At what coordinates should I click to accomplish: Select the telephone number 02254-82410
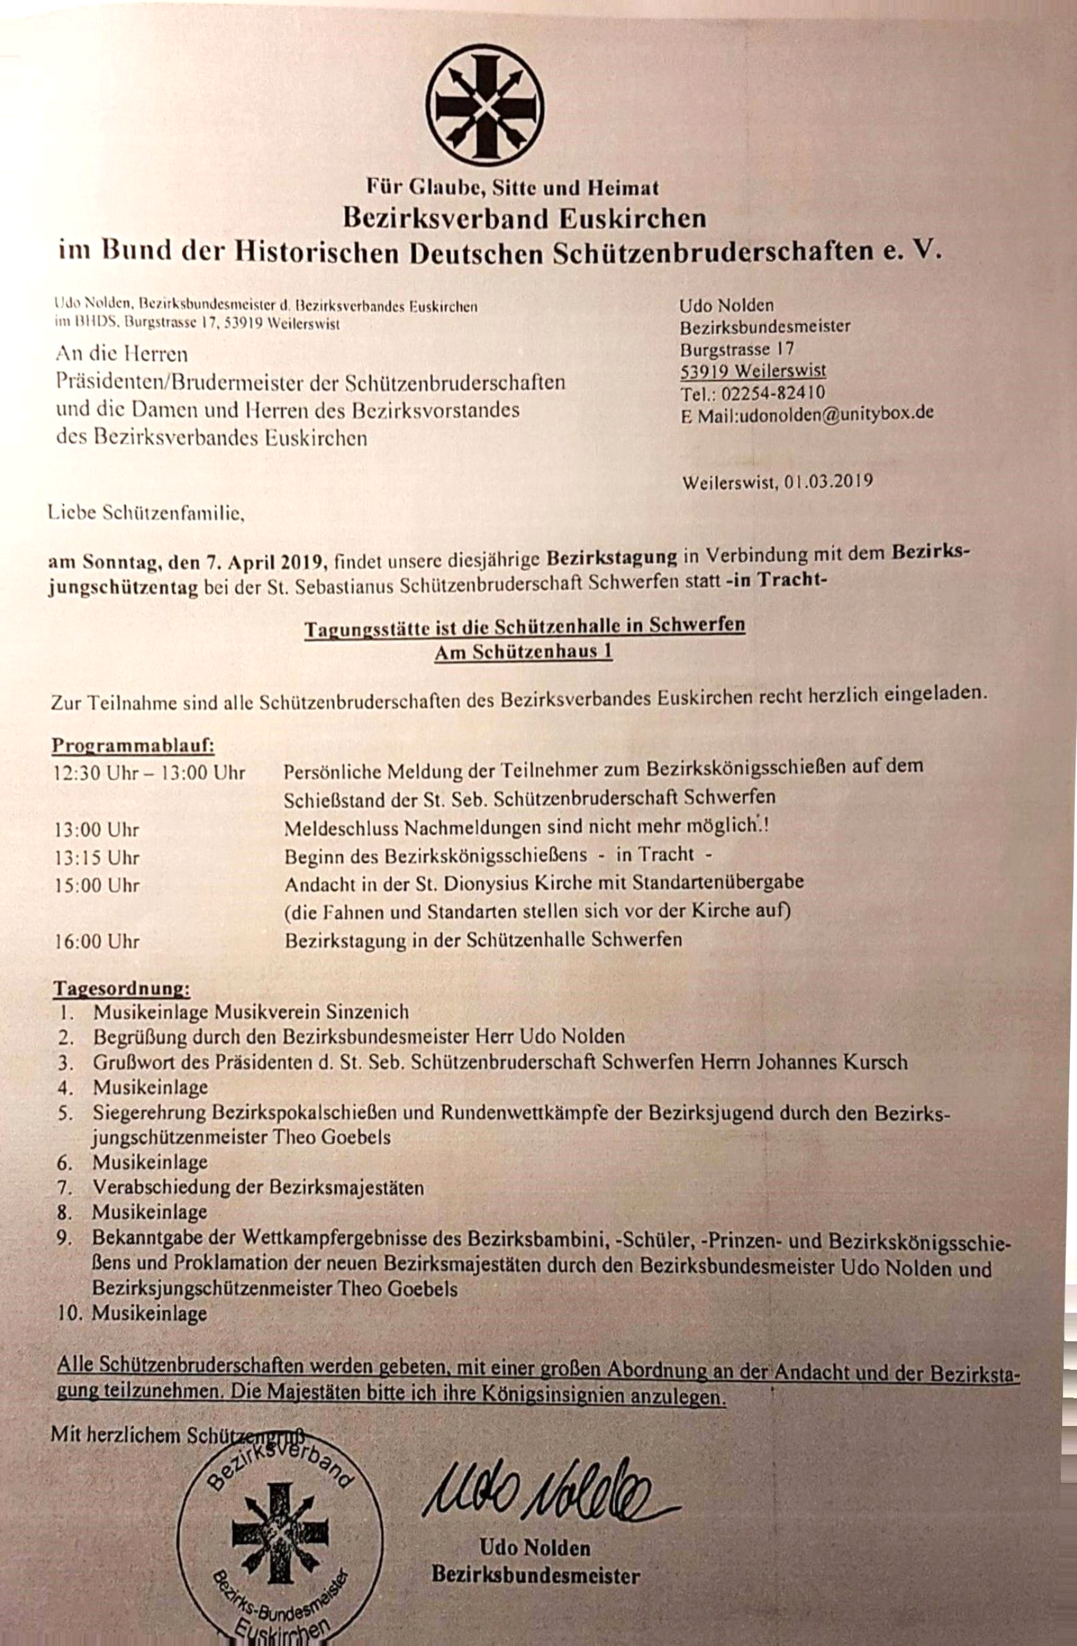772,393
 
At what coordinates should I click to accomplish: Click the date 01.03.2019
829,481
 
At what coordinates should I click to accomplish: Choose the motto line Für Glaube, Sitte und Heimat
512,187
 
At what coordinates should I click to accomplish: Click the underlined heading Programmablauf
133,746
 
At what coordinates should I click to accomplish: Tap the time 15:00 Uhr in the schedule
97,886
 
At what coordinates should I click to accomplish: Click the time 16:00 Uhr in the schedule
97,941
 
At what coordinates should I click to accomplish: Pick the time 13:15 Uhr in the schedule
97,858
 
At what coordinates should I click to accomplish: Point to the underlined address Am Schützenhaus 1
523,652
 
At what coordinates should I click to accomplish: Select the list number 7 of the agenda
65,1187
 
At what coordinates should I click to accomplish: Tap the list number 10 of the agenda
69,1313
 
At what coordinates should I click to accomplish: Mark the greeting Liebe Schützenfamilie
146,513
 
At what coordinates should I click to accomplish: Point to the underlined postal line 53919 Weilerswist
752,371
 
